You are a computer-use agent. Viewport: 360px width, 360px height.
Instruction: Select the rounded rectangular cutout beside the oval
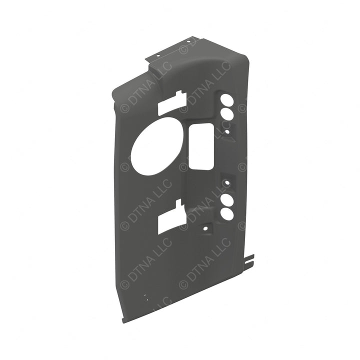click(x=201, y=146)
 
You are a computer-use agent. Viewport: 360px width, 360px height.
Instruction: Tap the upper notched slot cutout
click(x=172, y=103)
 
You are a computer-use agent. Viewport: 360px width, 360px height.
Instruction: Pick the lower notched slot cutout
click(x=172, y=217)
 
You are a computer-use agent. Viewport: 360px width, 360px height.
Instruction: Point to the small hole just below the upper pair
click(x=227, y=132)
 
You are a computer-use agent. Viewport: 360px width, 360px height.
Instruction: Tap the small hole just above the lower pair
click(x=227, y=183)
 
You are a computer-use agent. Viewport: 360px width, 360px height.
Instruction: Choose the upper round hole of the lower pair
click(x=227, y=200)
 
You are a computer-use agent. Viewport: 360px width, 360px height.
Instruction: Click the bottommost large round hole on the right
click(x=227, y=214)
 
